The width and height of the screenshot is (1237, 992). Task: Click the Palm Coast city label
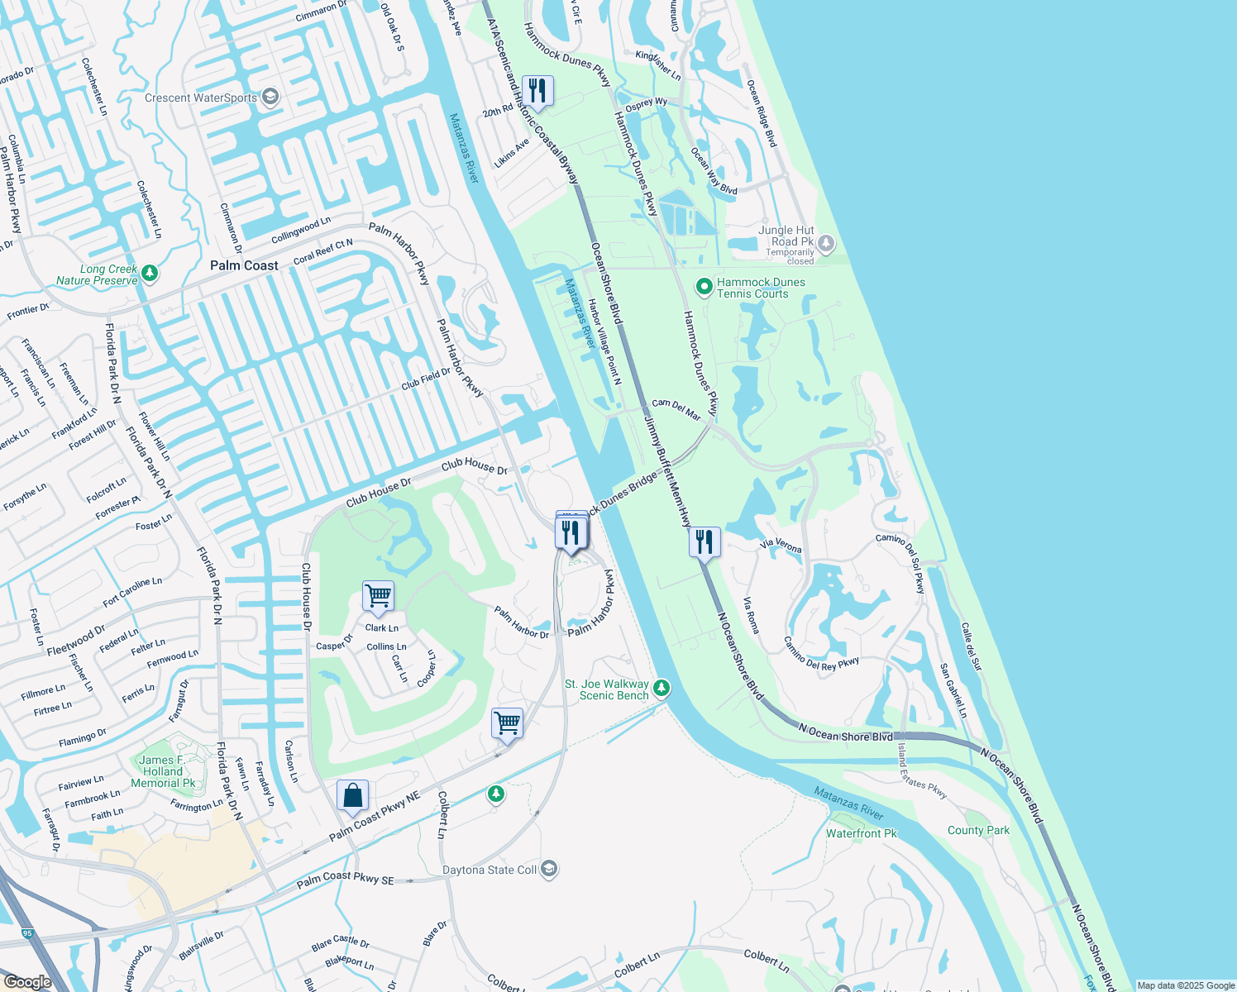pos(244,265)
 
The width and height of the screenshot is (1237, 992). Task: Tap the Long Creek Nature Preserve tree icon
pos(150,272)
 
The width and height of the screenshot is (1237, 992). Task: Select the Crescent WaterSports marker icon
pos(270,98)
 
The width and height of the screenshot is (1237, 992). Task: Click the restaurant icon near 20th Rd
pos(537,91)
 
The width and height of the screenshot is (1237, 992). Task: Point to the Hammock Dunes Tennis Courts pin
pos(704,287)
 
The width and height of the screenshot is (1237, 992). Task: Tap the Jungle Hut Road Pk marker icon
pos(826,244)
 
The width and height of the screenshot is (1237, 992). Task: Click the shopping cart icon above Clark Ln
pos(378,595)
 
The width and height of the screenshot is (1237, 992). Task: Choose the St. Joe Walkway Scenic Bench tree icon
pos(661,688)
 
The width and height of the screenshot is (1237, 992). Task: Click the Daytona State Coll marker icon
pos(549,869)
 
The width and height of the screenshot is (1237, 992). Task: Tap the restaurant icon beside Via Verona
pos(704,542)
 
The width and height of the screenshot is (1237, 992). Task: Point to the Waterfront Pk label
pos(861,833)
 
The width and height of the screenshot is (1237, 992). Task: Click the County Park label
pos(978,830)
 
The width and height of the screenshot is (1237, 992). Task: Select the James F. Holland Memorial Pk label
pos(163,771)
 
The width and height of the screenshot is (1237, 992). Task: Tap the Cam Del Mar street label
pos(676,409)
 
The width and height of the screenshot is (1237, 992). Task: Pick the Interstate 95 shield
pos(27,933)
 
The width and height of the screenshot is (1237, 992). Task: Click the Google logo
pos(27,982)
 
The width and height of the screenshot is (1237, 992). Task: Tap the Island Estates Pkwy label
pos(922,770)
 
